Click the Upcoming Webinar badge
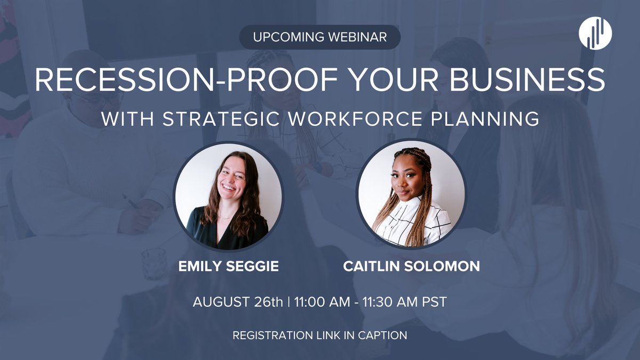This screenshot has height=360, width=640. [x=319, y=37]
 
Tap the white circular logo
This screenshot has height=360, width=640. [x=595, y=33]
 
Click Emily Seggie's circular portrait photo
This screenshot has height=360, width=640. [x=228, y=195]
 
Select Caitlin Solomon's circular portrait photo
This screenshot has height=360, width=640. [x=411, y=195]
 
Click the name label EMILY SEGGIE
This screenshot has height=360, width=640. [x=229, y=266]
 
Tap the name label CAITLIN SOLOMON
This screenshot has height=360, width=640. [x=411, y=266]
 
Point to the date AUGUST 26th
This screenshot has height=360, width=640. [x=238, y=302]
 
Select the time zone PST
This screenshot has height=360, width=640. [x=434, y=302]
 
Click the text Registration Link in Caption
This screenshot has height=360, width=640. [x=319, y=335]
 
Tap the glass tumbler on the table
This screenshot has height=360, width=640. [x=155, y=263]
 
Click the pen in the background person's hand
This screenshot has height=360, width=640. [x=131, y=202]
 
